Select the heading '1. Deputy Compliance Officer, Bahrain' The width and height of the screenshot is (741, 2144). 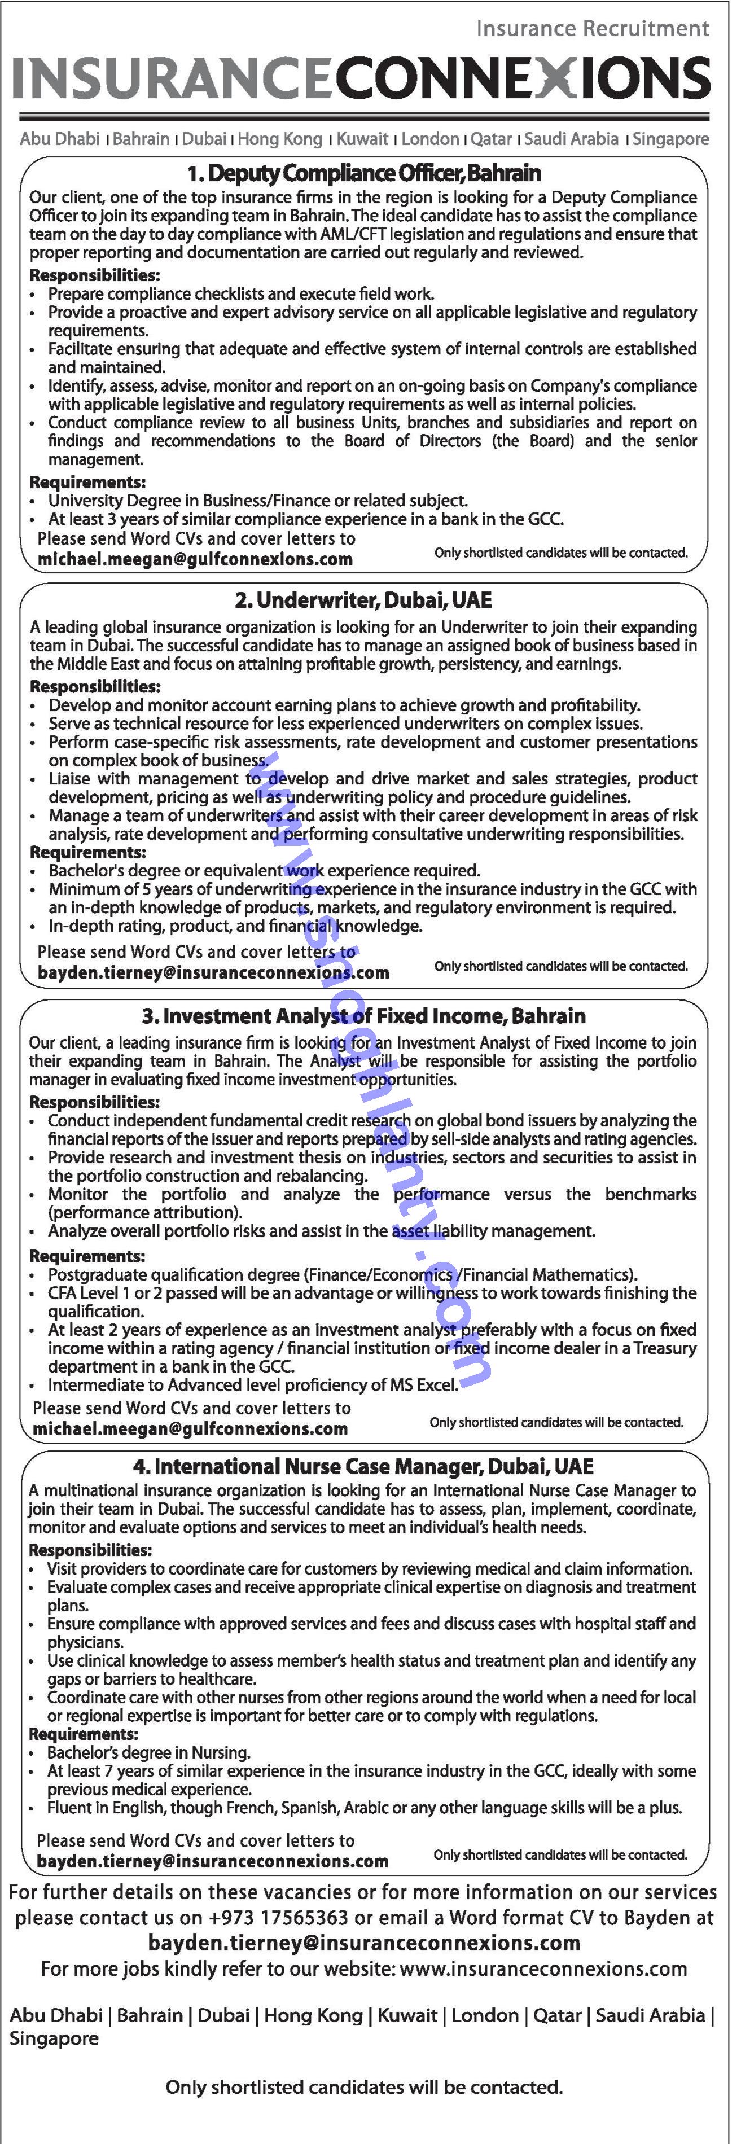(364, 173)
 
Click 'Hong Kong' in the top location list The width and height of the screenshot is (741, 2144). (280, 139)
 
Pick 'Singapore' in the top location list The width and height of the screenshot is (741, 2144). (670, 139)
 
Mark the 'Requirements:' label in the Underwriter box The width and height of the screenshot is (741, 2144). (87, 852)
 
